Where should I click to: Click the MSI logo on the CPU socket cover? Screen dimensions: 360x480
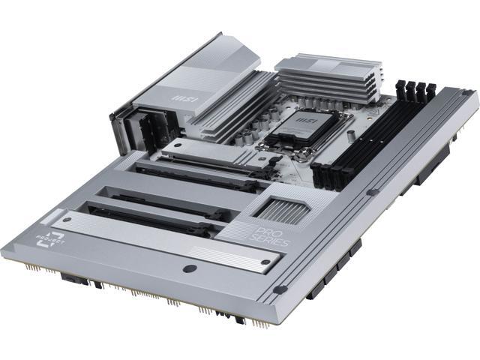[x=304, y=118]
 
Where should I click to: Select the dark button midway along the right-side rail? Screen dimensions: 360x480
[x=373, y=192]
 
